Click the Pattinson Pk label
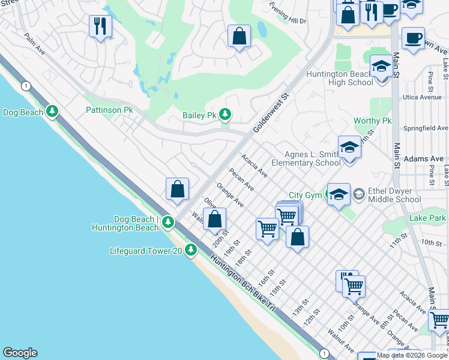[109, 110]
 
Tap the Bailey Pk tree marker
[225, 114]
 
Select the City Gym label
[304, 195]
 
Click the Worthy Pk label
[372, 121]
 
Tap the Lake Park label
[428, 218]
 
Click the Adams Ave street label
[424, 159]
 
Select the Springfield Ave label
[426, 128]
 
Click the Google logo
[20, 353]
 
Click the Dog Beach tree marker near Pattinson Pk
[53, 111]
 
